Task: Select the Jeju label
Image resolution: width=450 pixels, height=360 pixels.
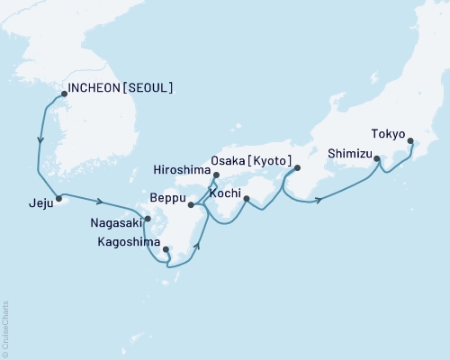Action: click(x=30, y=203)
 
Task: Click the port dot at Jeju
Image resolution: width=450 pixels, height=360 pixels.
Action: click(x=58, y=198)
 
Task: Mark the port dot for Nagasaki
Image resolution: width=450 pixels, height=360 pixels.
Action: click(x=148, y=218)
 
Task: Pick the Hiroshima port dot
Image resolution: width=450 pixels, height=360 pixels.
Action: click(x=216, y=163)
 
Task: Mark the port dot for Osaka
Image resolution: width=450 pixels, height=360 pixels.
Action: click(x=298, y=167)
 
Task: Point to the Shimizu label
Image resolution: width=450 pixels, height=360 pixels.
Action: click(x=349, y=153)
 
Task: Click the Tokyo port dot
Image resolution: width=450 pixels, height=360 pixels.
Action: click(x=410, y=141)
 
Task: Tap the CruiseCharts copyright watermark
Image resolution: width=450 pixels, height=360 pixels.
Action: click(x=5, y=325)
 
